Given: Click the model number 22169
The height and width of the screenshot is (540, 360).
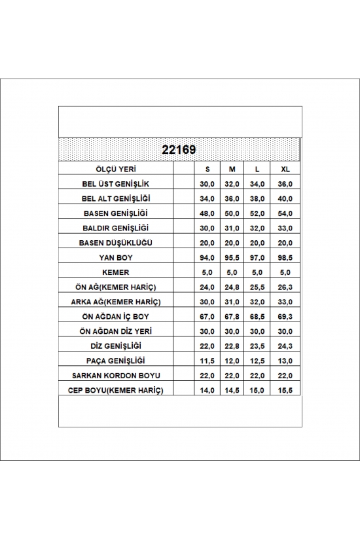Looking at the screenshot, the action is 180,150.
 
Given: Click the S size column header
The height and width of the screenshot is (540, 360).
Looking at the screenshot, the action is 207,170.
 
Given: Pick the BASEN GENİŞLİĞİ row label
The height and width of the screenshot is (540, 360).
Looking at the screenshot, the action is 115,213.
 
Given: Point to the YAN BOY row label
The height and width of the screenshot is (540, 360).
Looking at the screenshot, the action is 115,258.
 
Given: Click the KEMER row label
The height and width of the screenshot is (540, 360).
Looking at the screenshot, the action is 115,272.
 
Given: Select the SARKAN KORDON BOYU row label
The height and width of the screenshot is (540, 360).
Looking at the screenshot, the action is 115,375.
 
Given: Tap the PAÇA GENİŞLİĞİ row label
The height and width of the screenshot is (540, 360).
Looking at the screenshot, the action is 115,361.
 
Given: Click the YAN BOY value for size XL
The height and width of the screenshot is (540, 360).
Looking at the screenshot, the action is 284,258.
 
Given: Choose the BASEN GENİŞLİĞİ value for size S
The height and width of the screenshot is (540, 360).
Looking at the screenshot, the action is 207,213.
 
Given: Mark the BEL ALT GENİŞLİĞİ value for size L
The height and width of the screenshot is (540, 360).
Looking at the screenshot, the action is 257,199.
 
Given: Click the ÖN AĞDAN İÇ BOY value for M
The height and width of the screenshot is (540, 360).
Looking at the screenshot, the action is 232,317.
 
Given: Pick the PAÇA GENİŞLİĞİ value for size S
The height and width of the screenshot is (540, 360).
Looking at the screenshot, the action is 207,361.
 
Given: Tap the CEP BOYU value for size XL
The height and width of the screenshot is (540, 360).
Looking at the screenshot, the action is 284,390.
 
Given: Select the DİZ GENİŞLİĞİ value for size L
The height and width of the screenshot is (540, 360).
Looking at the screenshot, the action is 257,346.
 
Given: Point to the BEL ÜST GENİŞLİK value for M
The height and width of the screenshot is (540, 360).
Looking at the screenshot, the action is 232,185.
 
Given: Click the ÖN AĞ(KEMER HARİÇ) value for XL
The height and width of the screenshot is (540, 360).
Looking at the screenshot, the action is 284,287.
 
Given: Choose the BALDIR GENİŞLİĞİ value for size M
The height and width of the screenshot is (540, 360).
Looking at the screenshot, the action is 232,228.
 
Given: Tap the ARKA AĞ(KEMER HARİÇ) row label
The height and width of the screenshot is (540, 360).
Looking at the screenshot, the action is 115,302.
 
